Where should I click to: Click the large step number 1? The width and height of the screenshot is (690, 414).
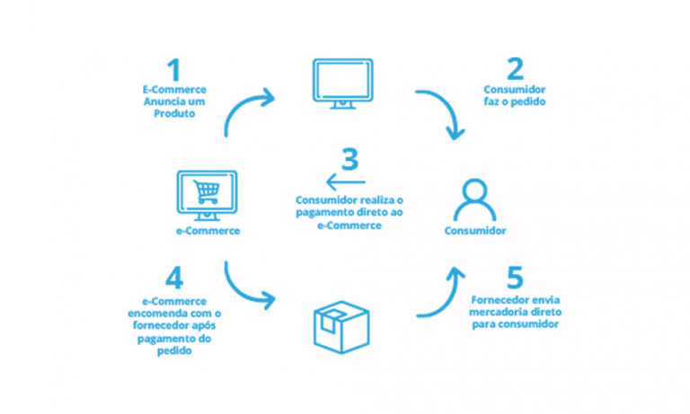tap(172, 71)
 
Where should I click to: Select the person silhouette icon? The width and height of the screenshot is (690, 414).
tap(474, 198)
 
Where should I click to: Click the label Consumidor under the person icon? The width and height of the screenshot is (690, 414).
tap(475, 232)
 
